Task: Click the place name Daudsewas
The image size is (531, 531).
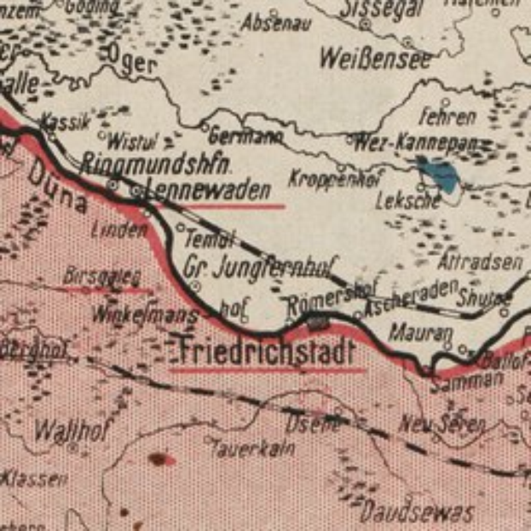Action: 416,511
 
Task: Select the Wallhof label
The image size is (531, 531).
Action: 69,430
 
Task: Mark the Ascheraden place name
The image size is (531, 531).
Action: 410,298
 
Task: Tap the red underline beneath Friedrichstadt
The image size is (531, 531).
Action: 268,371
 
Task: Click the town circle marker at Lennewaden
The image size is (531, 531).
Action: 137,193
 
